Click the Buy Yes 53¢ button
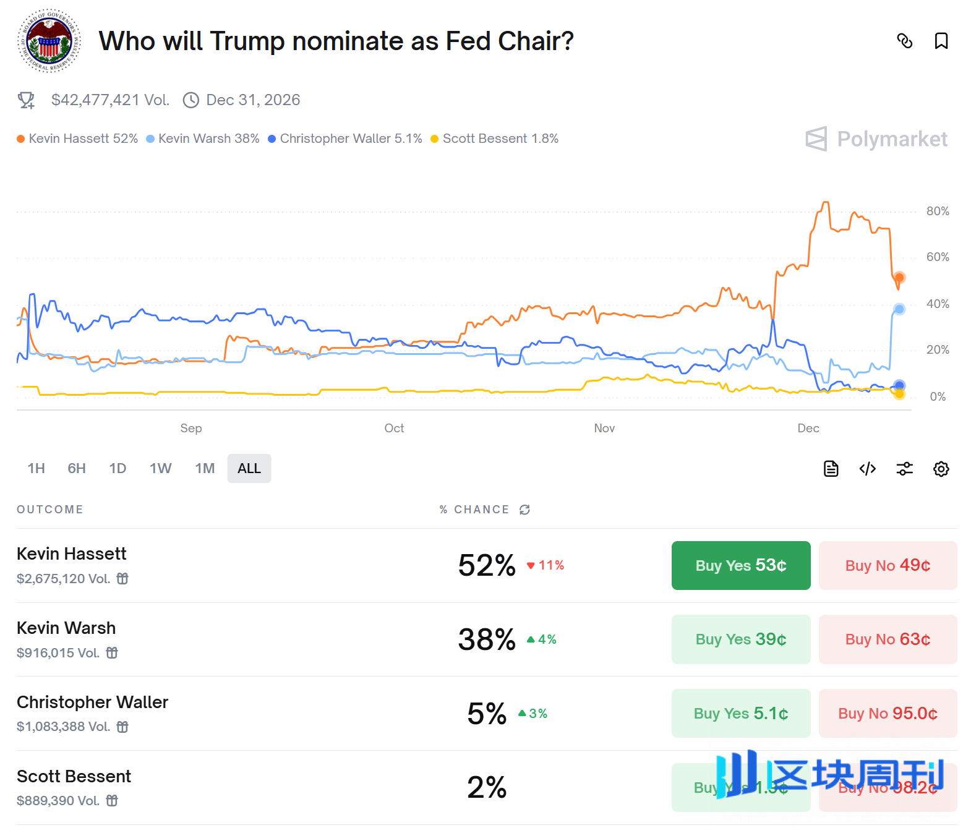pos(740,565)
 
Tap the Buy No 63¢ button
pos(888,639)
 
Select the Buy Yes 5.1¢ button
pos(740,714)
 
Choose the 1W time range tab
pos(160,469)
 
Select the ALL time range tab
pos(249,469)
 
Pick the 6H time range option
pos(77,469)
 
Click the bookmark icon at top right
pos(941,41)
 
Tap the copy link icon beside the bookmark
pos(904,41)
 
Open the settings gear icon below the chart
pos(941,469)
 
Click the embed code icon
pos(867,469)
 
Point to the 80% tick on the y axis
pos(937,211)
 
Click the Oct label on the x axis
pos(394,428)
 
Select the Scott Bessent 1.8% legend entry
pos(495,139)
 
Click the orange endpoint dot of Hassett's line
pos(899,277)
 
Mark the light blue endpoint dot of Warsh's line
pos(899,309)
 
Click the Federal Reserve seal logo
pos(49,41)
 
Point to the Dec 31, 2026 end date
pos(252,100)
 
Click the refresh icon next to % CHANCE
pos(524,510)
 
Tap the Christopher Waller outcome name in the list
pos(92,702)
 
